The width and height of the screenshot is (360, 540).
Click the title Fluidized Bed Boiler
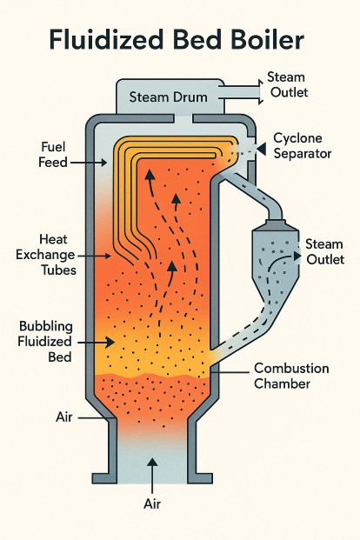click(x=180, y=40)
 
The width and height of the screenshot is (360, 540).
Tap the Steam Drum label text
click(x=167, y=97)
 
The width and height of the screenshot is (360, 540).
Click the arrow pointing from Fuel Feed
click(x=90, y=163)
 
